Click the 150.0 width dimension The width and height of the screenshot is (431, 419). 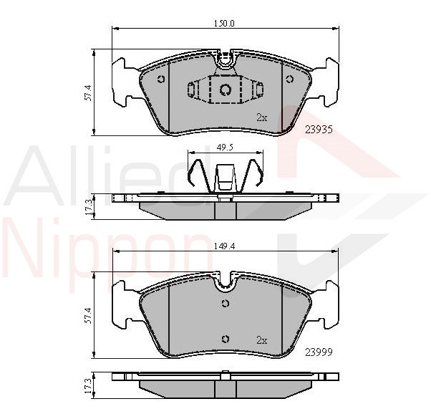(224, 24)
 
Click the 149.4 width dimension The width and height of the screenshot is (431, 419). (224, 246)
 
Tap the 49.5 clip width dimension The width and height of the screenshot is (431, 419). (225, 148)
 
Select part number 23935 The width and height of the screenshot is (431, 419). (319, 129)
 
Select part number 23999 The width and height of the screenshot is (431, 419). (319, 352)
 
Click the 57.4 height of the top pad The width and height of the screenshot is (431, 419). (88, 92)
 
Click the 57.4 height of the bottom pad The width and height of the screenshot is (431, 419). (88, 315)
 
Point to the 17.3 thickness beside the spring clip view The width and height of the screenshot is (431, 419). (88, 208)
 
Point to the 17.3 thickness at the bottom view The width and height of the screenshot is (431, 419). (88, 385)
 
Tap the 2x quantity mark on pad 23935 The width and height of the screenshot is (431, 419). (262, 117)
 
